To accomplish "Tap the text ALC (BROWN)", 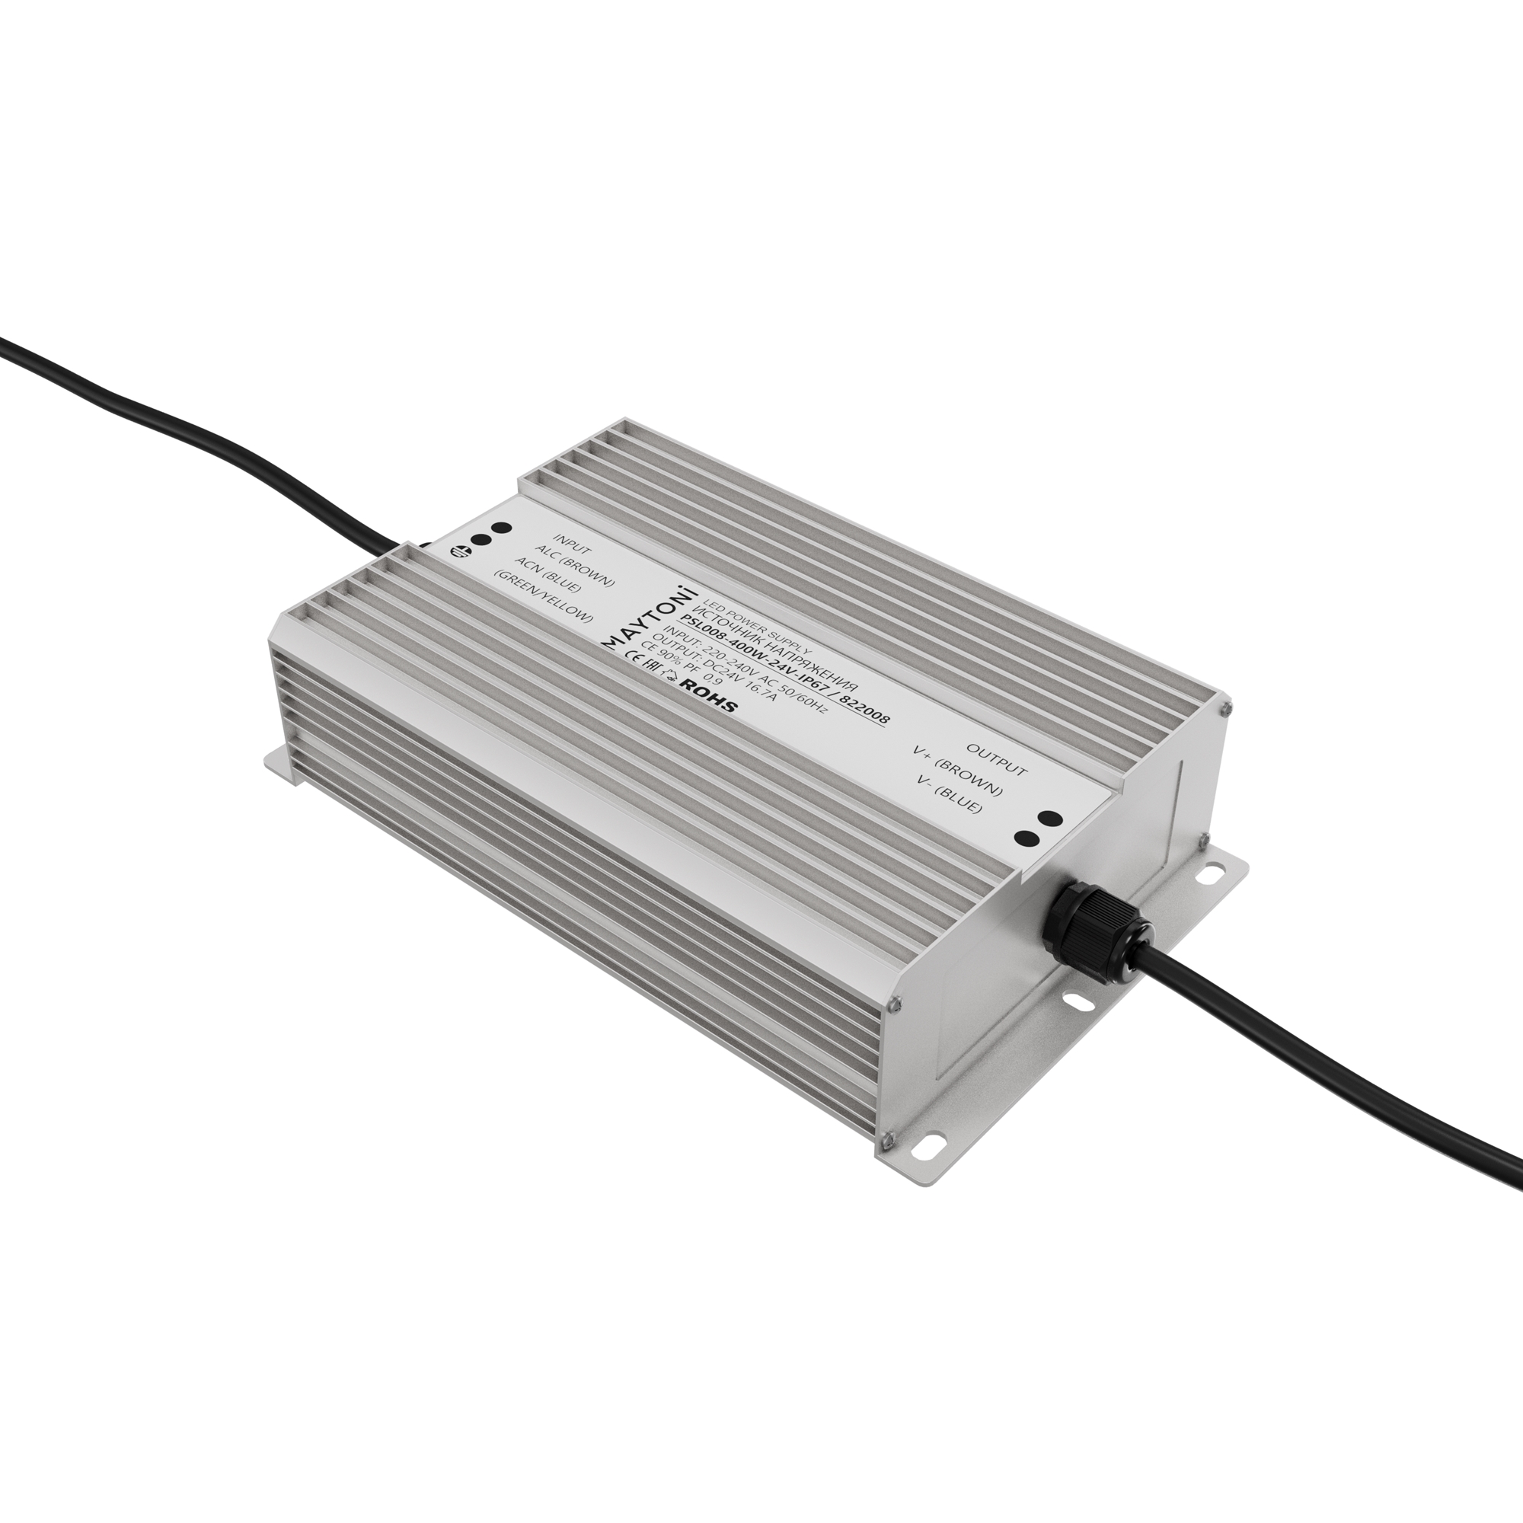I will coord(574,567).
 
